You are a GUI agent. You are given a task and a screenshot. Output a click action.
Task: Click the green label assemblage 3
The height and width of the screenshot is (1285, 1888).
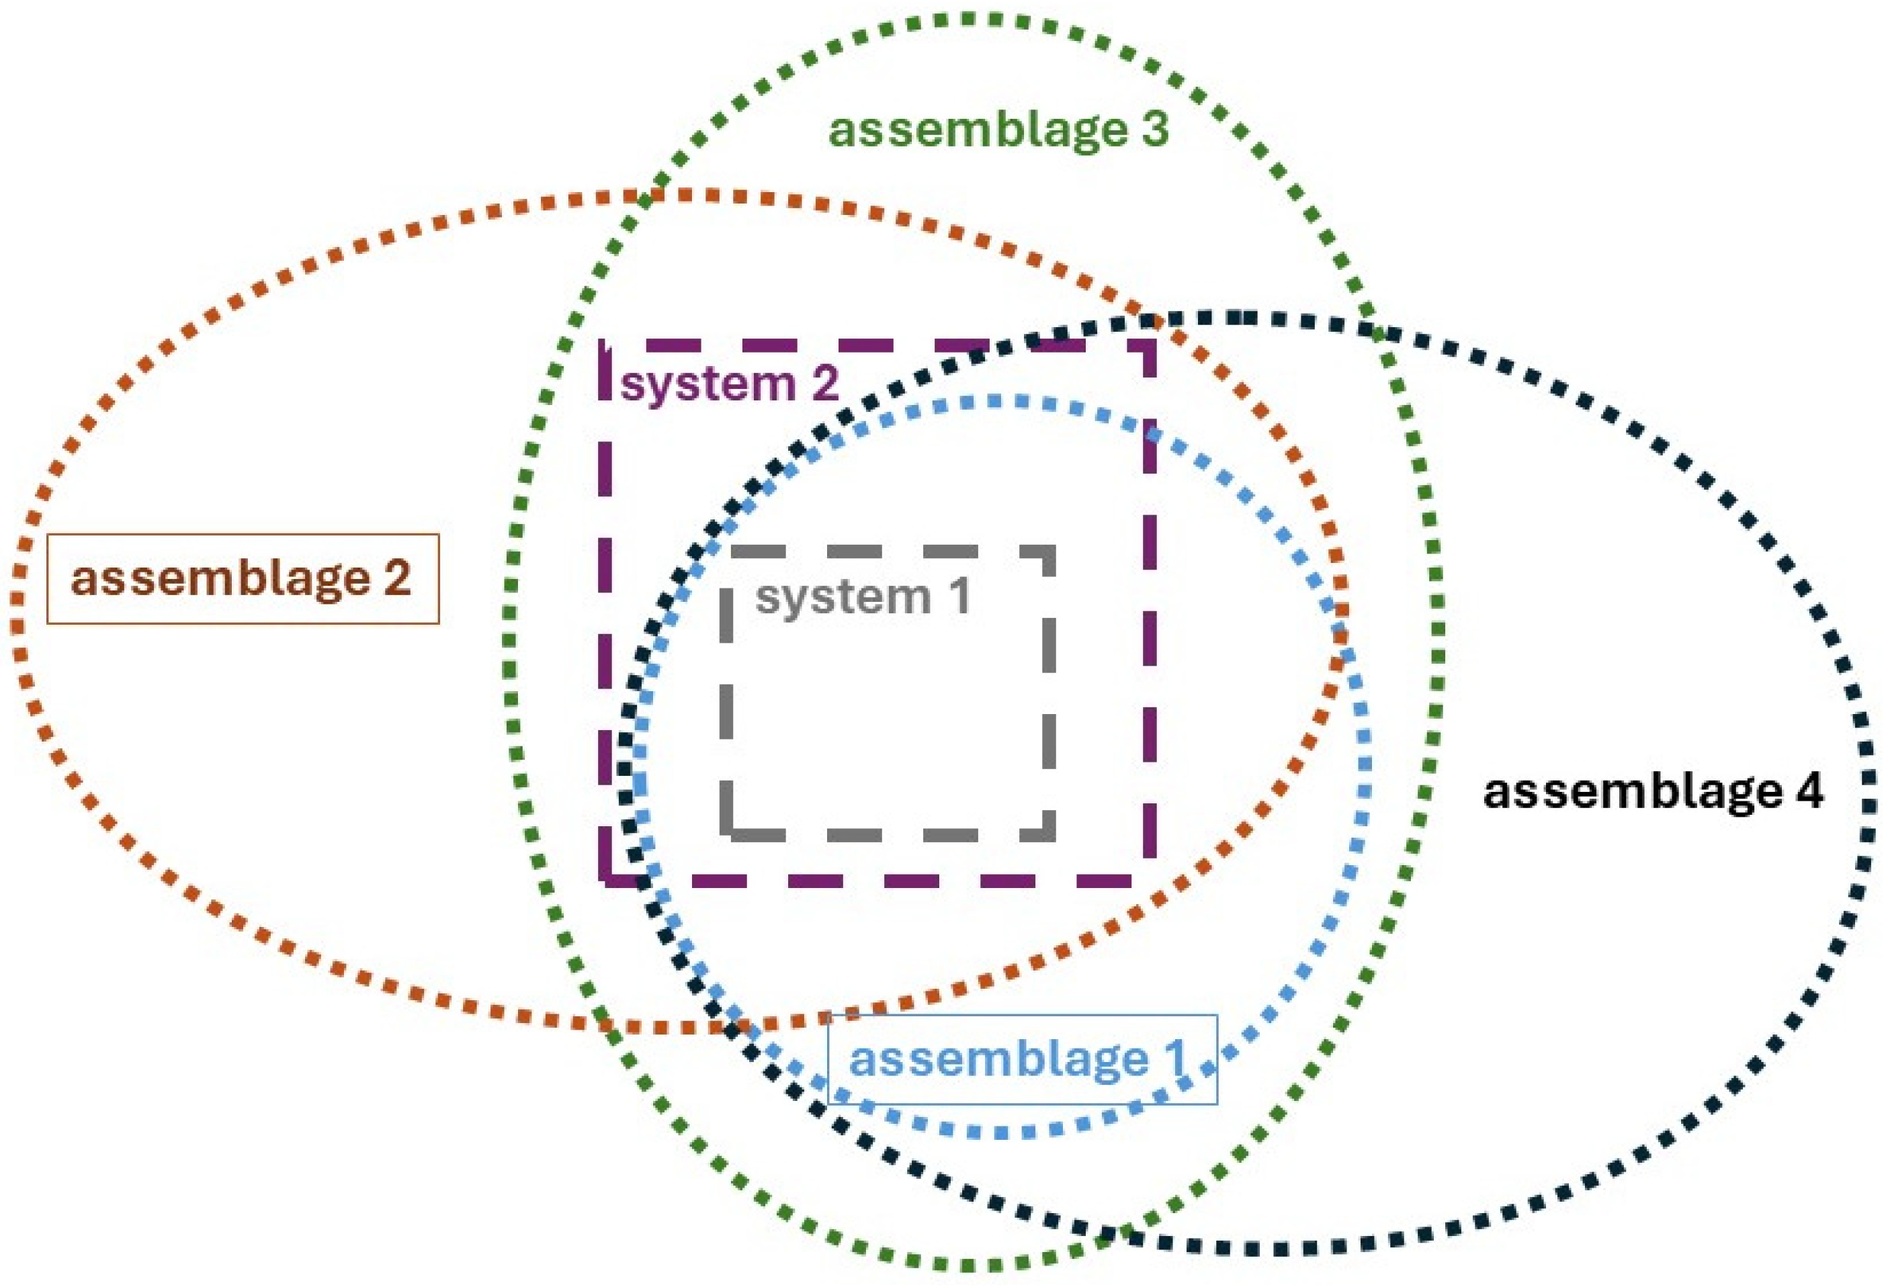click(998, 130)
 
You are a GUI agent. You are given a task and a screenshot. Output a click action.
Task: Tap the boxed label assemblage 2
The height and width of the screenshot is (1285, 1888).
click(242, 579)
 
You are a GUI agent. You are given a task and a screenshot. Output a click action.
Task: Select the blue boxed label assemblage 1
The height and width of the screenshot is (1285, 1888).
click(1021, 1060)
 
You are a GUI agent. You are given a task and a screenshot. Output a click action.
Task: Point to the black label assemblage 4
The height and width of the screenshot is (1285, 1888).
click(1654, 791)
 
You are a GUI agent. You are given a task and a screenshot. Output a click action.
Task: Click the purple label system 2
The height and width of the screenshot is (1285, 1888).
click(729, 384)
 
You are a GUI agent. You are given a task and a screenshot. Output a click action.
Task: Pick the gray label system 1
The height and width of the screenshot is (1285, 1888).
click(863, 597)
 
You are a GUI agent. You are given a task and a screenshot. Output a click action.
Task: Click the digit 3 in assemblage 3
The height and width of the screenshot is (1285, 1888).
click(1154, 130)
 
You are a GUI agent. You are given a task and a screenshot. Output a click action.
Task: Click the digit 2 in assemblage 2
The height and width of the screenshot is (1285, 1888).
click(396, 579)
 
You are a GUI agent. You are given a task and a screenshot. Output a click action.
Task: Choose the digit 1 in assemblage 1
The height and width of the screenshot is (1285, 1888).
click(1174, 1059)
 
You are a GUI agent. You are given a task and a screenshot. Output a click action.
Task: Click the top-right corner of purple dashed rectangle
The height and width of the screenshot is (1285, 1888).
click(1150, 346)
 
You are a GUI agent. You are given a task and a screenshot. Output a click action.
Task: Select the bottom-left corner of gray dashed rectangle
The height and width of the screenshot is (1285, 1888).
click(726, 834)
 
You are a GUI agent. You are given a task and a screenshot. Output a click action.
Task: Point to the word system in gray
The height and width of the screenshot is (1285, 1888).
click(843, 598)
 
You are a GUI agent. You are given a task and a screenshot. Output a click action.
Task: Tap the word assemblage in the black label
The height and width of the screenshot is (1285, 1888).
click(1632, 792)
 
